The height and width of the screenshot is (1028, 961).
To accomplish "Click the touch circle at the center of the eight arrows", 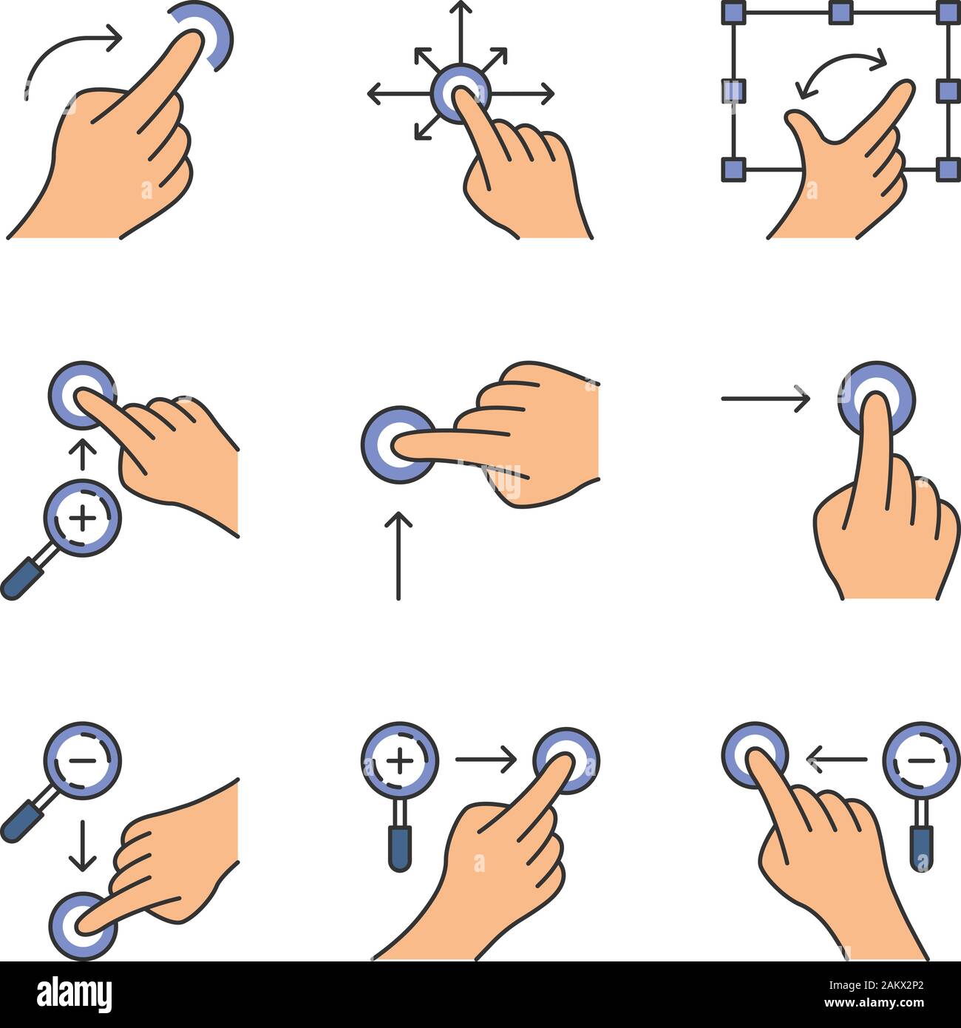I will [460, 93].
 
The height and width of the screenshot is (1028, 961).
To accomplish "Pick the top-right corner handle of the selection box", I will [947, 12].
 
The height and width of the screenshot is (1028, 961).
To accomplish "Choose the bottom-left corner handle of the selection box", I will [732, 169].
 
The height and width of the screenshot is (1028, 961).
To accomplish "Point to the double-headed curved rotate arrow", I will [841, 74].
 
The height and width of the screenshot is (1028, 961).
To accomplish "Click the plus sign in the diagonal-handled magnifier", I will [82, 518].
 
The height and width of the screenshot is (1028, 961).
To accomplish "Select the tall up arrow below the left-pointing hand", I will [398, 555].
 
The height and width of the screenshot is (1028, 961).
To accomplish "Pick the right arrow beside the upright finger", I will [765, 399].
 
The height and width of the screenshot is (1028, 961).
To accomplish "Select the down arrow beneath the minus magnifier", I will [82, 843].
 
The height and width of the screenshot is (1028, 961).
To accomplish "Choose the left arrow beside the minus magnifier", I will [837, 759].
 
